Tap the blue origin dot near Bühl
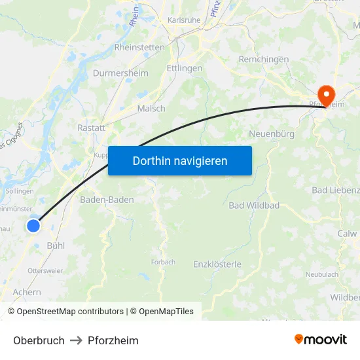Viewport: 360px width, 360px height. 33,226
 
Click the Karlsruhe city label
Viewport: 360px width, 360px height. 184,20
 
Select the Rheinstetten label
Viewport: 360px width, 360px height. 139,47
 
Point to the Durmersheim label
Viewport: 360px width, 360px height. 120,73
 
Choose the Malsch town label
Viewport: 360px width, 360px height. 151,109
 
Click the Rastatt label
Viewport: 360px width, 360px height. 91,128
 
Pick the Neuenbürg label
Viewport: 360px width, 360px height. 272,134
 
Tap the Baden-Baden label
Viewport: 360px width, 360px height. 107,200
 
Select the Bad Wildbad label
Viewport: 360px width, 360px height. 254,206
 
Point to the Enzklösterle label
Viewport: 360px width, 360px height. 217,264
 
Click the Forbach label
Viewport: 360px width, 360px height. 163,262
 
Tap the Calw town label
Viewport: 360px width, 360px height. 347,233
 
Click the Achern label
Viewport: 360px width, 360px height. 27,293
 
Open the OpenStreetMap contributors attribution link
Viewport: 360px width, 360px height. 70,312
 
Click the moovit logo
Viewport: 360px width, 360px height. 321,340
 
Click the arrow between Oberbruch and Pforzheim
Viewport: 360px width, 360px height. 76,340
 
